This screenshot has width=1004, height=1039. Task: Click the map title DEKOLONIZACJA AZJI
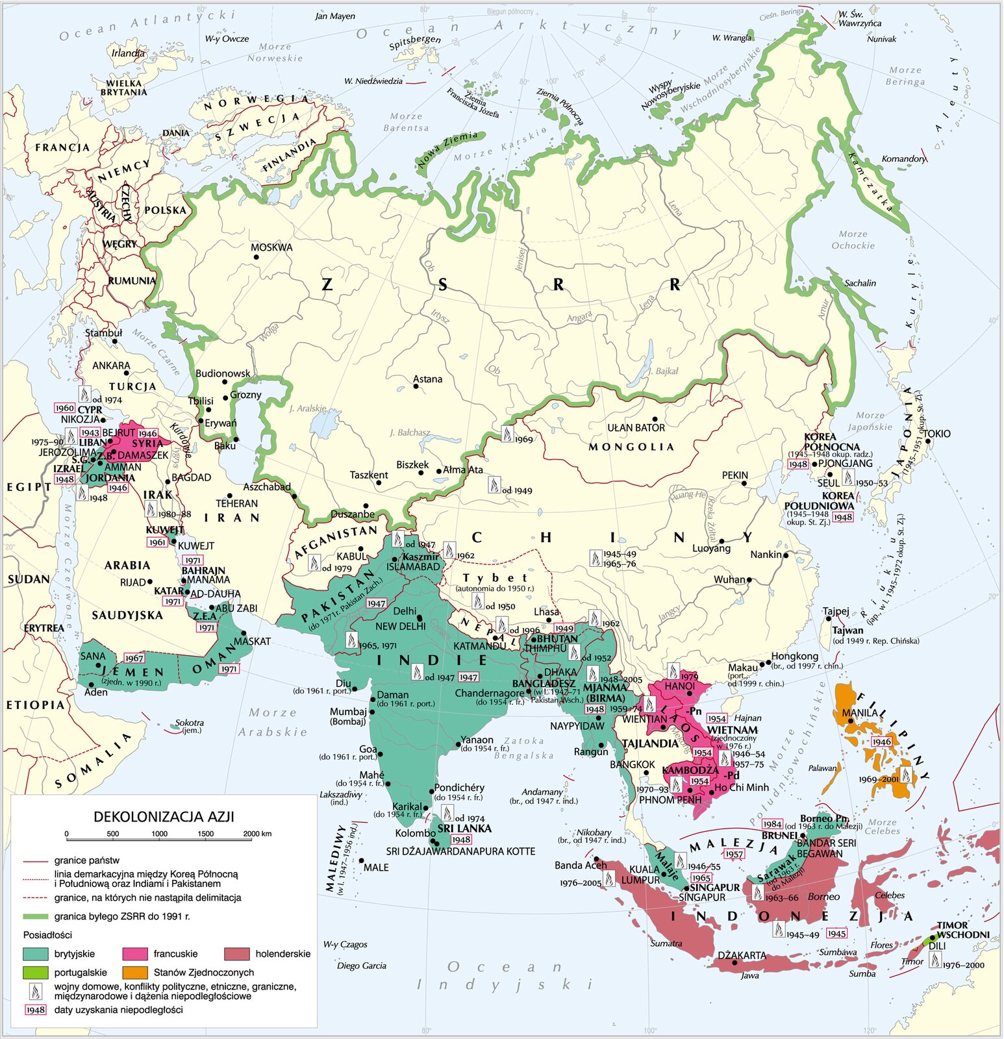(x=164, y=816)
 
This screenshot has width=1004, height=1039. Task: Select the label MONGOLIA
(x=631, y=447)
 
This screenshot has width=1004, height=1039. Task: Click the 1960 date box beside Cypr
(x=65, y=408)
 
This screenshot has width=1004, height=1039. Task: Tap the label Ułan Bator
(x=636, y=428)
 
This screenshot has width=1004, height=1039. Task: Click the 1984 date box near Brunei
(x=772, y=824)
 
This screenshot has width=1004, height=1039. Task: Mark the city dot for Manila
(x=851, y=721)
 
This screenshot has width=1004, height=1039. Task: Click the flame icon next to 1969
(x=507, y=434)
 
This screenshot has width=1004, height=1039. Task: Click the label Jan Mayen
(x=335, y=16)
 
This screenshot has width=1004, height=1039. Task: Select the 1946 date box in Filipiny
(x=881, y=742)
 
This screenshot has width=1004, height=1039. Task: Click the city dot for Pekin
(x=744, y=484)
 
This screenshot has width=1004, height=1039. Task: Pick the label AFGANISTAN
(x=336, y=542)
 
